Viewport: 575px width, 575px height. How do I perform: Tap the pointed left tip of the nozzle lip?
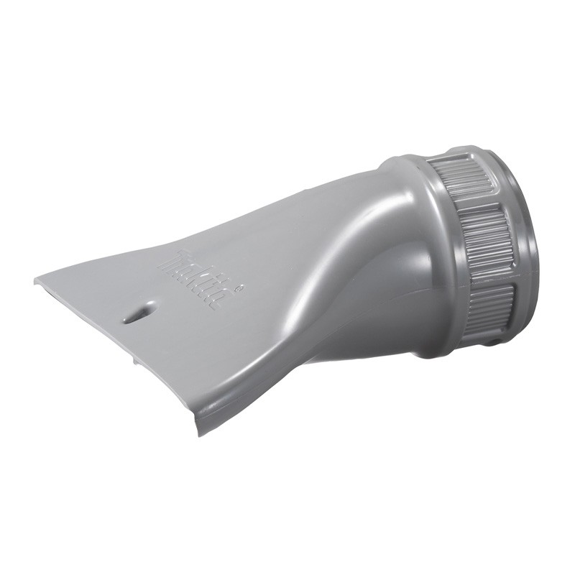coord(35,281)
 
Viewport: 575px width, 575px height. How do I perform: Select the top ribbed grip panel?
coord(463,180)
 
